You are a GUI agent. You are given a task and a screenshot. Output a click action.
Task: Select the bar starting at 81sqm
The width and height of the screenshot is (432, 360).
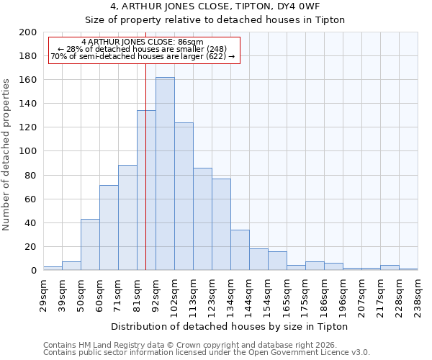coord(146,190)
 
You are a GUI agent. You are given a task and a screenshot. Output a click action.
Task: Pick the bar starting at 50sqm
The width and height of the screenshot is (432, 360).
coord(90,245)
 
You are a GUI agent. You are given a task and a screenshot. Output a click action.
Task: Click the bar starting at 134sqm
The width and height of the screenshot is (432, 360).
coord(240,250)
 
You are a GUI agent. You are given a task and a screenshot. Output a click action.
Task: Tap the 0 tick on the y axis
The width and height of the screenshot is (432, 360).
coord(34,271)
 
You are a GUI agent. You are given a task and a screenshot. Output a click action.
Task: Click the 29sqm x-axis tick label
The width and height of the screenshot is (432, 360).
coord(43,294)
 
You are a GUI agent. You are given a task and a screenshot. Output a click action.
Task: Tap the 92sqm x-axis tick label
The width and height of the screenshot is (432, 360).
coord(156,294)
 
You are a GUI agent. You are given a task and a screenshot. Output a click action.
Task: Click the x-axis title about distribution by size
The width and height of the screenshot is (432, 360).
coord(230,326)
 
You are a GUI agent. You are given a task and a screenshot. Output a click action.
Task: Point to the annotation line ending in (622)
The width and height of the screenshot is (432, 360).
coord(143,56)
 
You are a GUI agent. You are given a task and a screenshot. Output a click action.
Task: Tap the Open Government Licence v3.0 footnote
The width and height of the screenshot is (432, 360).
coord(207,353)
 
